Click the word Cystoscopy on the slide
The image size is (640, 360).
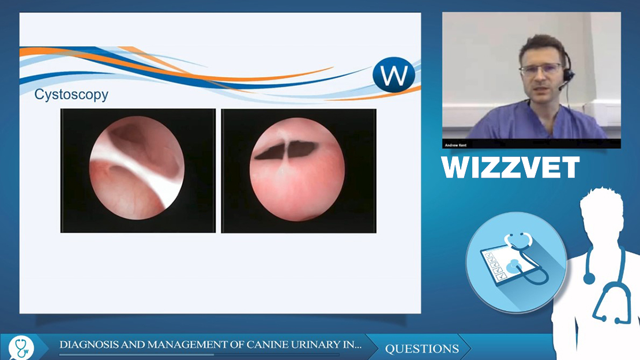pyautogui.click(x=71, y=95)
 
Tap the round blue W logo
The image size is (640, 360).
pyautogui.click(x=393, y=75)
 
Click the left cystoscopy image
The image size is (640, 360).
pyautogui.click(x=138, y=170)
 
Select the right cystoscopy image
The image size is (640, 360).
pyautogui.click(x=299, y=171)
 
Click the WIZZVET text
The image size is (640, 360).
pyautogui.click(x=510, y=167)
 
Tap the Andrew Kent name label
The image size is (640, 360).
pyautogui.click(x=455, y=145)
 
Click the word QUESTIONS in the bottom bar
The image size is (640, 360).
pyautogui.click(x=421, y=348)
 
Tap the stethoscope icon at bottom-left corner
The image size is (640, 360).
pyautogui.click(x=21, y=348)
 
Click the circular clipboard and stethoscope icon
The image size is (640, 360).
pyautogui.click(x=517, y=262)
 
